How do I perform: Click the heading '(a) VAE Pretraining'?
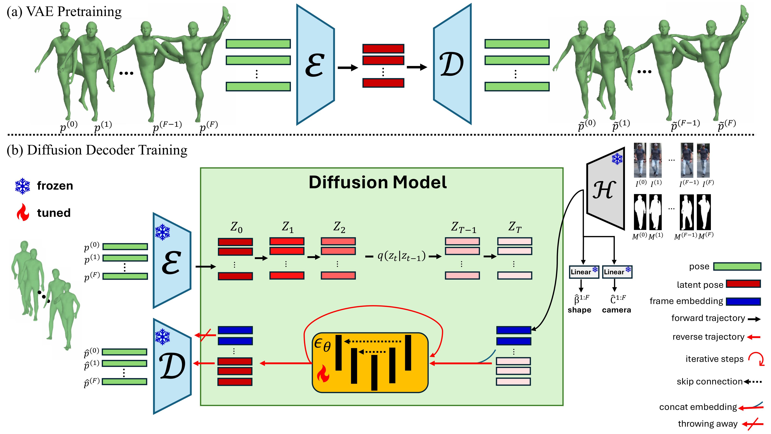pyautogui.click(x=64, y=12)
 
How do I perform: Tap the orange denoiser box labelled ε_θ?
pyautogui.click(x=370, y=362)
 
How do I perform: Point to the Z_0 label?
pyautogui.click(x=236, y=227)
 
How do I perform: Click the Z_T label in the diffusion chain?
pyautogui.click(x=514, y=227)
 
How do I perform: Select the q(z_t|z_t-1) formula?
pyautogui.click(x=401, y=256)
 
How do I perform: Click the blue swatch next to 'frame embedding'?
pyautogui.click(x=743, y=301)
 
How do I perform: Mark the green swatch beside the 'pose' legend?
pyautogui.click(x=737, y=266)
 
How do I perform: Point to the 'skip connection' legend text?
pyautogui.click(x=709, y=382)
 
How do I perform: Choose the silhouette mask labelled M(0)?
pyautogui.click(x=640, y=212)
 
